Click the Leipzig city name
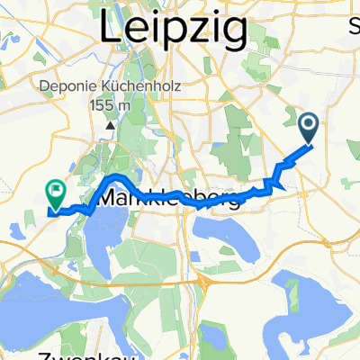tap(172, 30)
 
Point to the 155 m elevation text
tap(110, 105)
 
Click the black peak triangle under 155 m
tap(110, 124)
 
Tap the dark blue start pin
tap(309, 129)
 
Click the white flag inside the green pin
tap(57, 189)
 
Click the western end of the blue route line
tap(49, 212)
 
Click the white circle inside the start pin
tap(309, 124)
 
